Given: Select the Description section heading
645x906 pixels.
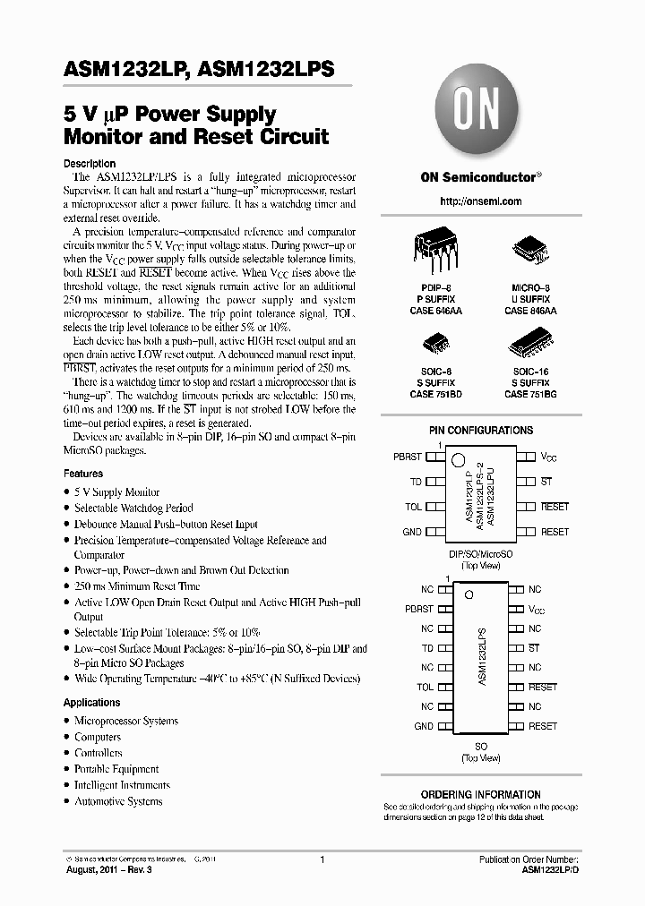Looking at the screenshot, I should (x=90, y=164).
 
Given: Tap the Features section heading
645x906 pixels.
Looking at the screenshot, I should (x=83, y=474).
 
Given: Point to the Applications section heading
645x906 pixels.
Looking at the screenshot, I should (x=92, y=704).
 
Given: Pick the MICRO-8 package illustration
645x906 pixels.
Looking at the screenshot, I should (x=529, y=250).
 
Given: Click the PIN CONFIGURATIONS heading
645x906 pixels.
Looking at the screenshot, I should (x=481, y=431).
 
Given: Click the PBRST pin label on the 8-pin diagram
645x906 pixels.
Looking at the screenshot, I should (x=407, y=456).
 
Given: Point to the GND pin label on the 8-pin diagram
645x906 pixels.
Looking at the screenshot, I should (x=411, y=532).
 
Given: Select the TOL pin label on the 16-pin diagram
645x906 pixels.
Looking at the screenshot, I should (x=425, y=688).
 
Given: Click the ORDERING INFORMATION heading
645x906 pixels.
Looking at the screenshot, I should (x=481, y=795).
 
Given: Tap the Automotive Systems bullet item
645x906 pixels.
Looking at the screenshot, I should (x=118, y=801).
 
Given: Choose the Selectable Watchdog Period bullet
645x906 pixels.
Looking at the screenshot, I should (x=133, y=508).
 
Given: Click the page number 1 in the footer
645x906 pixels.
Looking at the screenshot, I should (x=322, y=860).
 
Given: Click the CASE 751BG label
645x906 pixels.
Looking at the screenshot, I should (x=529, y=394).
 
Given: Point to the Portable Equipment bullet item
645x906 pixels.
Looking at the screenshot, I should (x=116, y=769).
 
